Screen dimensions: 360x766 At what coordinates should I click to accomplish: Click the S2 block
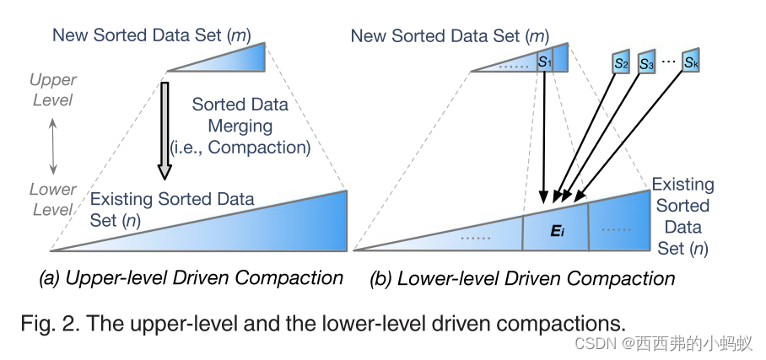[622, 62]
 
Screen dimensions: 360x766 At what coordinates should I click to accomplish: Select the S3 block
[648, 62]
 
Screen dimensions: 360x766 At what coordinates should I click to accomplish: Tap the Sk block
[692, 62]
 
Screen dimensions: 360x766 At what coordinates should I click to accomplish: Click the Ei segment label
[556, 230]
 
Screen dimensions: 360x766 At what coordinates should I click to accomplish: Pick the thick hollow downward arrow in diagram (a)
[165, 127]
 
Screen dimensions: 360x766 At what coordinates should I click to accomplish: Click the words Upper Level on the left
[52, 90]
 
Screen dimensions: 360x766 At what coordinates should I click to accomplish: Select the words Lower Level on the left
[52, 199]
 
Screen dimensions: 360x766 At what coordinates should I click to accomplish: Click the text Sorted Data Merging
[243, 116]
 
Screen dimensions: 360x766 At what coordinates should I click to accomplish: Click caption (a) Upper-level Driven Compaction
[191, 278]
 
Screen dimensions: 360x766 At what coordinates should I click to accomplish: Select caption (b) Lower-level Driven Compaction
[524, 278]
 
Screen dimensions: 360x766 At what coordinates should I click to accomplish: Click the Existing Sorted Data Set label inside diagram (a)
[172, 210]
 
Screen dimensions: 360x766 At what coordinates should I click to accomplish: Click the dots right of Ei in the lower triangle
[617, 228]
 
